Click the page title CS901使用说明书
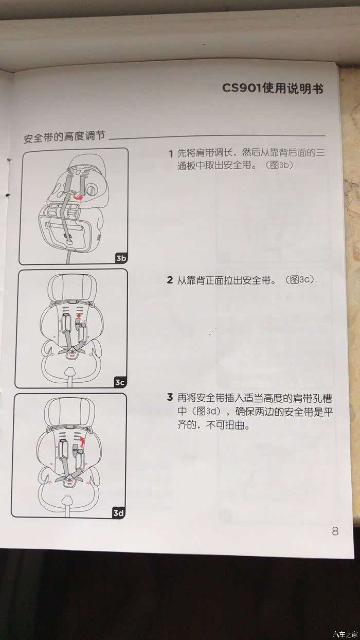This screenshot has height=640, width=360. pyautogui.click(x=273, y=88)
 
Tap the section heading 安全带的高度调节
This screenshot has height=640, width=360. pyautogui.click(x=65, y=137)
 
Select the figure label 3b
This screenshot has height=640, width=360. pyautogui.click(x=121, y=258)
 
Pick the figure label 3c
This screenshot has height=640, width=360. pyautogui.click(x=120, y=382)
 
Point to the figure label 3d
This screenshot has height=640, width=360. pyautogui.click(x=118, y=513)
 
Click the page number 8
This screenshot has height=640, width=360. pyautogui.click(x=335, y=531)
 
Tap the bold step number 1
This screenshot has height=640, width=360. pyautogui.click(x=171, y=154)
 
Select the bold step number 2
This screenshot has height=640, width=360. pyautogui.click(x=170, y=280)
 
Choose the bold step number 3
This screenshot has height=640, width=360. pyautogui.click(x=170, y=398)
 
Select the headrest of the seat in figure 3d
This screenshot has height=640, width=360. pyautogui.click(x=69, y=412)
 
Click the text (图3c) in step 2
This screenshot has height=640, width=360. pyautogui.click(x=299, y=280)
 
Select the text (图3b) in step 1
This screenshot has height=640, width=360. pyautogui.click(x=279, y=166)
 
